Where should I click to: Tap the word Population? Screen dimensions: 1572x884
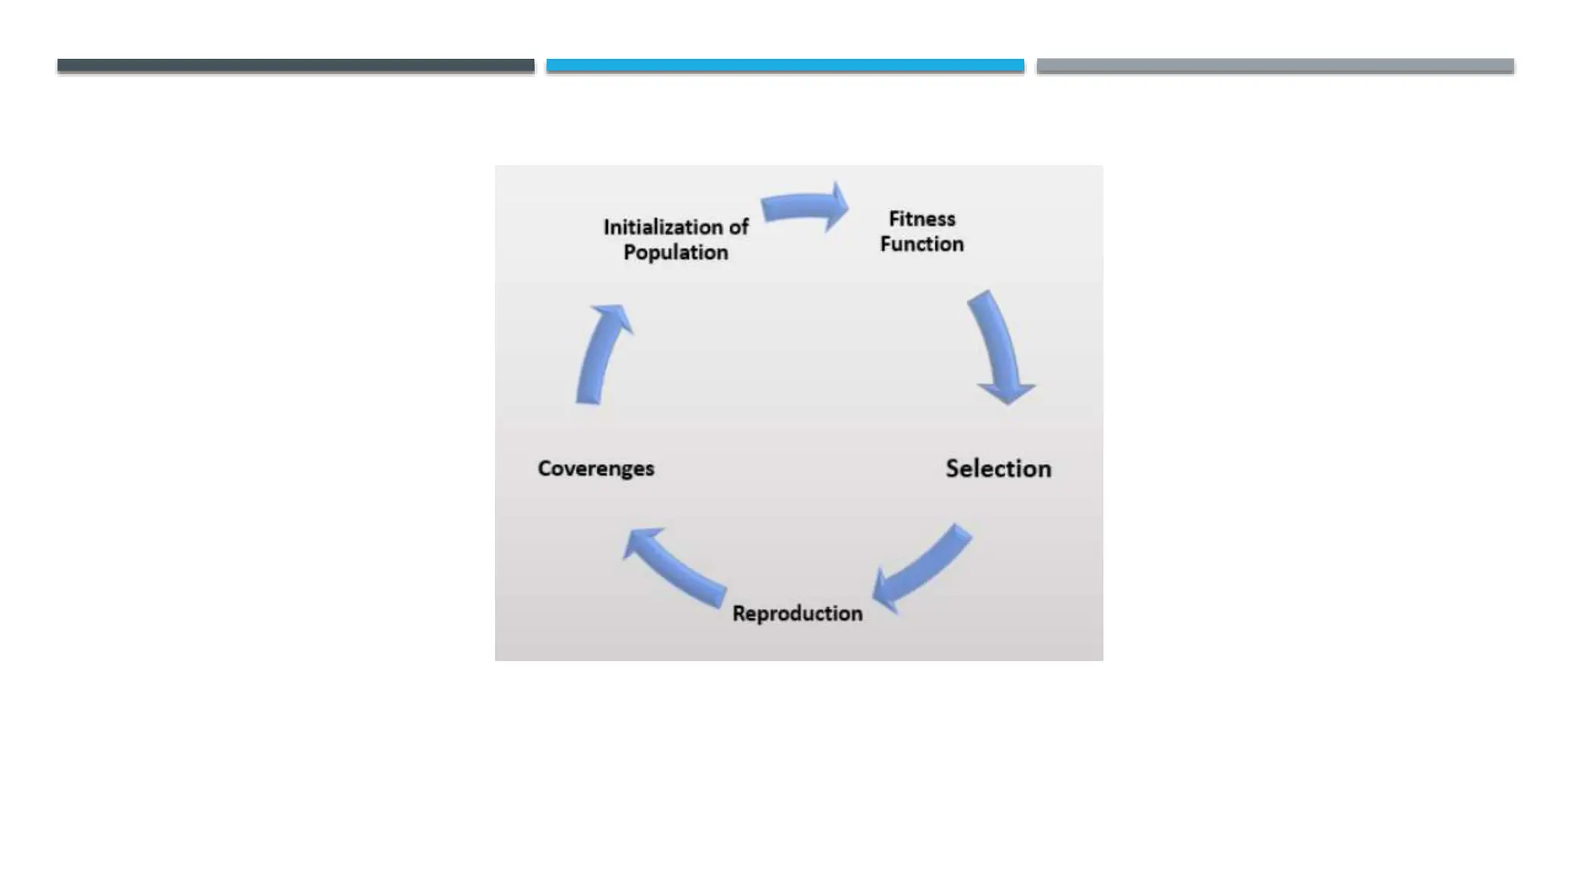pyautogui.click(x=675, y=252)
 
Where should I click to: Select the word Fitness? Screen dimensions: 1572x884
pyautogui.click(x=922, y=219)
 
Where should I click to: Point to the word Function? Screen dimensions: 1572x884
pyautogui.click(x=922, y=244)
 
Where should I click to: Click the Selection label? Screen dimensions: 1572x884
pyautogui.click(x=998, y=469)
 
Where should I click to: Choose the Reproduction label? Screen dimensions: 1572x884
pyautogui.click(x=798, y=614)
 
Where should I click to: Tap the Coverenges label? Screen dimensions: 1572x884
pyautogui.click(x=596, y=468)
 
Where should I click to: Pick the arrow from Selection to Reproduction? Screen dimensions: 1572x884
pyautogui.click(x=925, y=568)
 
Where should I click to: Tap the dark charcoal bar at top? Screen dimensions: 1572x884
pyautogui.click(x=296, y=66)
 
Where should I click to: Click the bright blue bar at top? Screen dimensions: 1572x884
pyautogui.click(x=785, y=66)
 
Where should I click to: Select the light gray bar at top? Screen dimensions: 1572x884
pyautogui.click(x=1275, y=66)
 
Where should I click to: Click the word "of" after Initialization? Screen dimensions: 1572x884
pyautogui.click(x=738, y=227)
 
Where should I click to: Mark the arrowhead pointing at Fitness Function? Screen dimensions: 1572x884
pyautogui.click(x=836, y=206)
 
